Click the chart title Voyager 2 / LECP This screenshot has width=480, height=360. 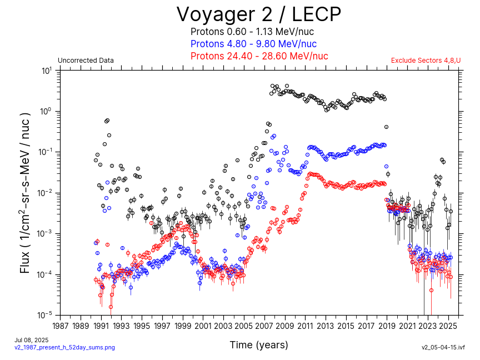pos(258,14)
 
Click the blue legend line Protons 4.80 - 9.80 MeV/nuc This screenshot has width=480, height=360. pos(253,44)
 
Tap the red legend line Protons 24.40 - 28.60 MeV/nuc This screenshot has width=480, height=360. pos(259,56)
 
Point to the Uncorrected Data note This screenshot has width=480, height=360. pos(86,61)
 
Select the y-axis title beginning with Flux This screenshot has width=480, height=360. pos(26,193)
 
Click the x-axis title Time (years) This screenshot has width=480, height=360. pos(259,345)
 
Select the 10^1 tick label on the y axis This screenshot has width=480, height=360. pos(46,71)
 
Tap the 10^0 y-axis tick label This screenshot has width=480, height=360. pos(46,112)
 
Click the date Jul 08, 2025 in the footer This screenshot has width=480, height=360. pos(31,340)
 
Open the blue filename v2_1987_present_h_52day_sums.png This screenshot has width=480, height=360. pos(64,347)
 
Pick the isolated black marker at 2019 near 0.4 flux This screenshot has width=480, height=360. pos(386,127)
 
